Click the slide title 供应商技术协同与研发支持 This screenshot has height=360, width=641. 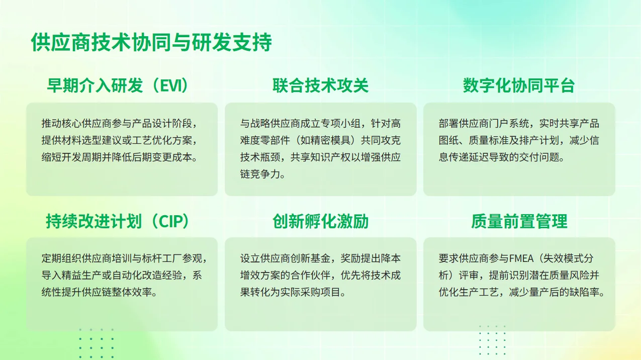click(x=151, y=43)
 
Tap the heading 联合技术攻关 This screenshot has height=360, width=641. click(x=320, y=85)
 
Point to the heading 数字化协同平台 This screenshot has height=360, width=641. click(x=519, y=85)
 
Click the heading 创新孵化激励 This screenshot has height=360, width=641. click(x=320, y=221)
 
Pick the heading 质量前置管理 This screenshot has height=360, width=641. click(x=519, y=221)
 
